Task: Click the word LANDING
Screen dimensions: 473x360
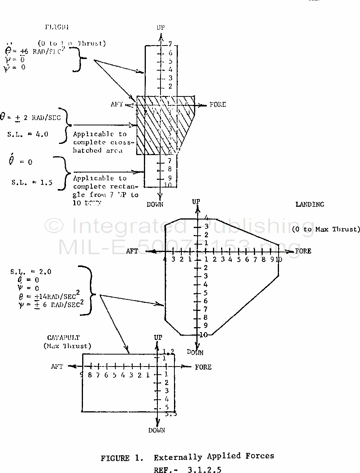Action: point(309,204)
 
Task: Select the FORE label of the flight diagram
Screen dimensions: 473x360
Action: point(218,105)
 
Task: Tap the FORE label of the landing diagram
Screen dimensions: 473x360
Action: point(303,251)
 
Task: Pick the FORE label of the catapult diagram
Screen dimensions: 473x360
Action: point(203,367)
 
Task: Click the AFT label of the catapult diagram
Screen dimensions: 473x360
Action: point(57,367)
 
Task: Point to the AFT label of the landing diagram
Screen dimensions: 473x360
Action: point(132,251)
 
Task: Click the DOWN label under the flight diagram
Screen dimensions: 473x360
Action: point(155,204)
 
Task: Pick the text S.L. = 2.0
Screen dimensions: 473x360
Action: point(30,272)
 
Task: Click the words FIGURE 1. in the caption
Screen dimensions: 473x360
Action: point(121,458)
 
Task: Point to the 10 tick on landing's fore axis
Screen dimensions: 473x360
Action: point(279,259)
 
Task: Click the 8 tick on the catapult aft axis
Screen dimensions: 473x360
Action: point(90,375)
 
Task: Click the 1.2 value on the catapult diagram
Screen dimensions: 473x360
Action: point(169,351)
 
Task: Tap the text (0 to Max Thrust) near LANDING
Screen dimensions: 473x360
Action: point(326,229)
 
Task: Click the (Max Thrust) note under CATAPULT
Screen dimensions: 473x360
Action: point(68,346)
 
